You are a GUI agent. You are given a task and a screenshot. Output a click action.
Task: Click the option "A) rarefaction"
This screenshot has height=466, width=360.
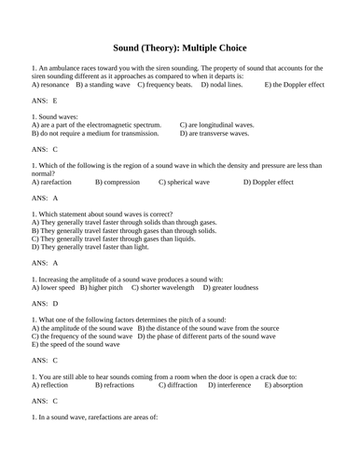pos(54,183)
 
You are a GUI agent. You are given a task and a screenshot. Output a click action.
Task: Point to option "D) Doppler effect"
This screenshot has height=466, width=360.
pos(281,183)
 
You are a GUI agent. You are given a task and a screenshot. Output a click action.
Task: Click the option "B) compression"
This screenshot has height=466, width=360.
pos(118,183)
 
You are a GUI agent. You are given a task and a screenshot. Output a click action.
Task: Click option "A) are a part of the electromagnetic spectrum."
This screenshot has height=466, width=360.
pos(96,124)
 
